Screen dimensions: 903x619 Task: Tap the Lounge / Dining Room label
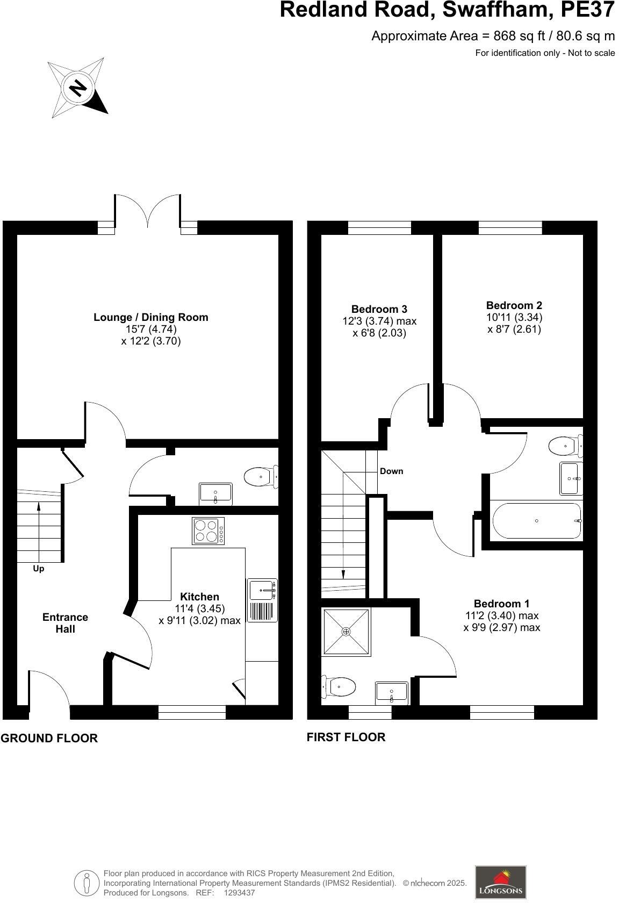click(x=150, y=317)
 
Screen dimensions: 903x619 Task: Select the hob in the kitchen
click(x=208, y=531)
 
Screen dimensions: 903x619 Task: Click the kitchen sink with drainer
click(x=262, y=600)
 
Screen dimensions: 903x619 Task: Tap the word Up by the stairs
click(x=39, y=568)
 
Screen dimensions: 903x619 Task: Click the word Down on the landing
click(x=391, y=471)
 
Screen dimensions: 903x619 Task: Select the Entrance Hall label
click(x=65, y=623)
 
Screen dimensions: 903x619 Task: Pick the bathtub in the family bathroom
click(x=537, y=520)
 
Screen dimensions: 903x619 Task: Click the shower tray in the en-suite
click(x=346, y=632)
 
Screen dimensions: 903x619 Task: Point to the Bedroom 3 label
click(x=379, y=309)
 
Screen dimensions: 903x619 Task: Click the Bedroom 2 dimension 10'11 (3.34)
click(x=514, y=317)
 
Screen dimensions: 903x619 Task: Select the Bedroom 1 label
click(x=501, y=604)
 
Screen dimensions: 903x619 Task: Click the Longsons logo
click(x=500, y=881)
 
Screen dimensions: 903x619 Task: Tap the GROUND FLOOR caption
click(x=49, y=738)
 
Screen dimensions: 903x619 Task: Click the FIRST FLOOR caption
click(x=346, y=737)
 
